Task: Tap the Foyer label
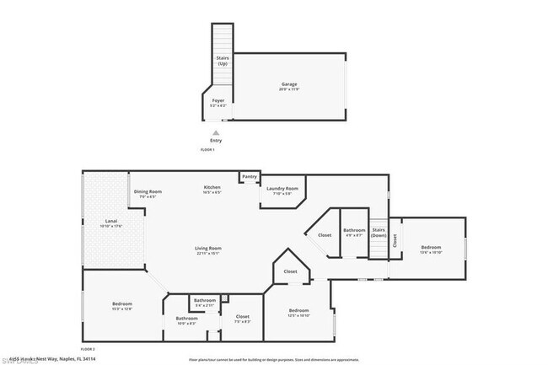click(217, 101)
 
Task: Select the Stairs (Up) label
click(222, 62)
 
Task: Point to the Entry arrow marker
click(216, 132)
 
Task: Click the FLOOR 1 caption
click(207, 149)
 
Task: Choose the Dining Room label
click(148, 193)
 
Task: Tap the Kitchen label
click(212, 189)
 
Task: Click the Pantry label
click(249, 176)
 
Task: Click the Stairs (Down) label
click(379, 232)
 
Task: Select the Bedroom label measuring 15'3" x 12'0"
click(122, 305)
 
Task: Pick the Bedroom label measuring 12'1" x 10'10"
click(298, 313)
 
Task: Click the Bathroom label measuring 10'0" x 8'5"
click(186, 319)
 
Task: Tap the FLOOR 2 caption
click(88, 348)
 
